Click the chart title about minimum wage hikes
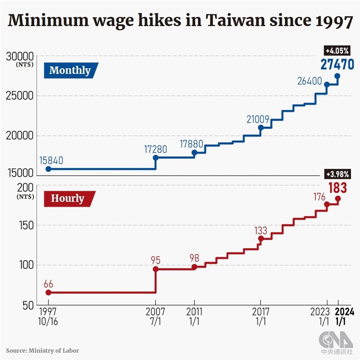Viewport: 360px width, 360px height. [180, 21]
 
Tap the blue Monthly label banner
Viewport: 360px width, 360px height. [70, 70]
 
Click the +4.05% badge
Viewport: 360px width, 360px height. [337, 50]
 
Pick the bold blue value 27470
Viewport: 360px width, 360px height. [337, 64]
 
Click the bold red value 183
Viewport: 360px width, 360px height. [337, 187]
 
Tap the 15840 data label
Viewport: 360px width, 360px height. [51, 160]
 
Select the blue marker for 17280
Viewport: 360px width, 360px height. [156, 157]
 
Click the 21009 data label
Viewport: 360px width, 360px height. [258, 120]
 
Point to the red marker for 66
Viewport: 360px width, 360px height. [48, 292]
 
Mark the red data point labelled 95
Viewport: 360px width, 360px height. [156, 269]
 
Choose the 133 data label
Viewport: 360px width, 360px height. [261, 230]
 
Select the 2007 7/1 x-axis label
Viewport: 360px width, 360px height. [156, 316]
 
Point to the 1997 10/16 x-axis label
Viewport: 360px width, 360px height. [48, 316]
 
